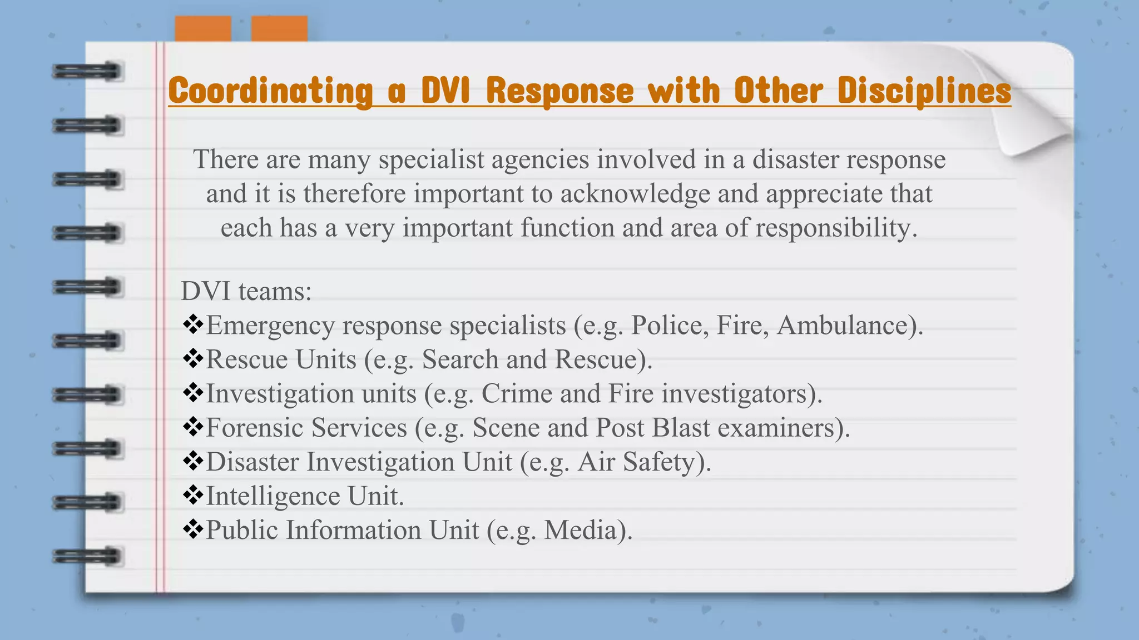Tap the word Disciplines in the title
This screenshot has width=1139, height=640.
[924, 91]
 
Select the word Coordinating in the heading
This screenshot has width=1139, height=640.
[270, 91]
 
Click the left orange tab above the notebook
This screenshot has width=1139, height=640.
[203, 28]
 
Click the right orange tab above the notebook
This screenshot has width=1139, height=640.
[279, 28]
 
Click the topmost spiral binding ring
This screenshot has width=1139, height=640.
[87, 72]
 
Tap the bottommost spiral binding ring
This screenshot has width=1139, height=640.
[87, 556]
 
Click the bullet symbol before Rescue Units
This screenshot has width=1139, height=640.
[192, 359]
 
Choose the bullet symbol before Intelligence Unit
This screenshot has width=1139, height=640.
[192, 495]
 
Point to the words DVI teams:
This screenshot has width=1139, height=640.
[246, 291]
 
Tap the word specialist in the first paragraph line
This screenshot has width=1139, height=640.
[432, 160]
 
